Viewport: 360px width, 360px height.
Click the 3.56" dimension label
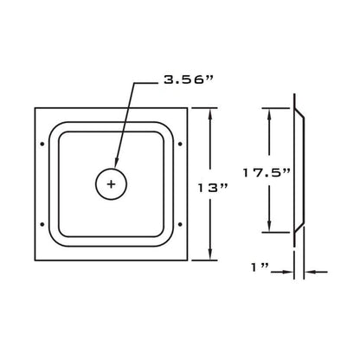[188, 80]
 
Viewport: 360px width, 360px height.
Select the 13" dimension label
[213, 188]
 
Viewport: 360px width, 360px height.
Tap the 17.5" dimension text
[267, 173]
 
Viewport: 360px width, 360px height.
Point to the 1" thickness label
[260, 267]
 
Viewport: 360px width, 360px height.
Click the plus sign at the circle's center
[111, 184]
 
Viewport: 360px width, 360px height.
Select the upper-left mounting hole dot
[42, 144]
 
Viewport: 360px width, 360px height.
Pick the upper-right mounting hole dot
[180, 144]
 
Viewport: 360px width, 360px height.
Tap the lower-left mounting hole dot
[42, 224]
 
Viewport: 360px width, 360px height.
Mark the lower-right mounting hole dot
[180, 224]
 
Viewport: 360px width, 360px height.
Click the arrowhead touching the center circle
[116, 163]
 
